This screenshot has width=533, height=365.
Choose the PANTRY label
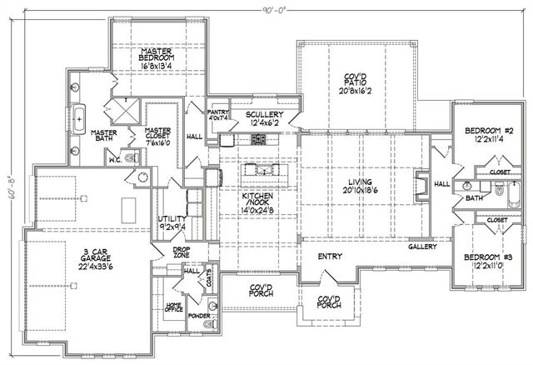pos(218,111)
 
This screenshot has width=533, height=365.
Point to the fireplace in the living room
pos(421,183)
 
